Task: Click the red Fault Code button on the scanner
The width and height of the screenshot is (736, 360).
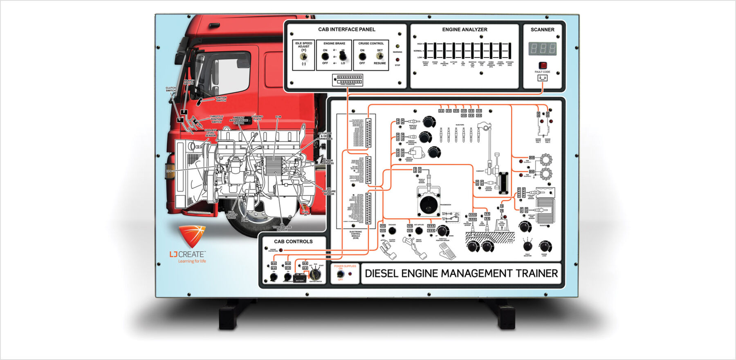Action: click(543, 65)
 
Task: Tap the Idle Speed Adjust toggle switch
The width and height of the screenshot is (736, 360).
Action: click(303, 56)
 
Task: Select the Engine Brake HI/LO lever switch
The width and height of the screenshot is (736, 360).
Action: click(343, 56)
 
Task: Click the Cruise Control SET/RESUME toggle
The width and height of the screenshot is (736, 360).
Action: click(379, 56)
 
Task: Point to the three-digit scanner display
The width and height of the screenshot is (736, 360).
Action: click(543, 49)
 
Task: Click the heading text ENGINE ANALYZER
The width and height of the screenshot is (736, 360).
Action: click(464, 29)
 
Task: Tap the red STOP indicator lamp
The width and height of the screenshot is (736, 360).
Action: click(397, 60)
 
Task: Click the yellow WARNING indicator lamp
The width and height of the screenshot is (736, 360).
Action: click(397, 47)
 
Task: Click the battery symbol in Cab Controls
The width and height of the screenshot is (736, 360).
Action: click(299, 278)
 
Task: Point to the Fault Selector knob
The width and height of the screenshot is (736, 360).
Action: click(527, 246)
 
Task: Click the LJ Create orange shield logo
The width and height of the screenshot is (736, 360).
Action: click(192, 236)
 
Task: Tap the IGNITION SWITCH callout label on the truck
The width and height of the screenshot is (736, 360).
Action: click(221, 99)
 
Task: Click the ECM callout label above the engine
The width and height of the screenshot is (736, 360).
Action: click(278, 117)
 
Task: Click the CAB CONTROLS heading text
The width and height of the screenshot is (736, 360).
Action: click(293, 241)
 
